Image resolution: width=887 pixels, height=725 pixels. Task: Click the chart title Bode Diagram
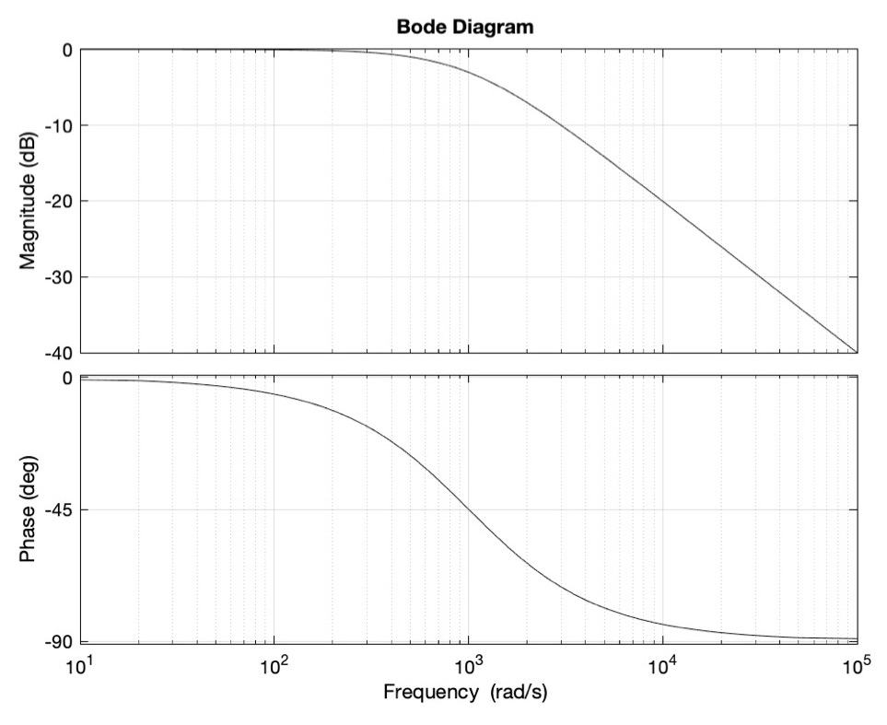coord(464,27)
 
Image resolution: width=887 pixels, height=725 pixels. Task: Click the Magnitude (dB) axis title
coord(29,200)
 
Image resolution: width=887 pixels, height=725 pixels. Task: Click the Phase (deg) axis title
coord(29,509)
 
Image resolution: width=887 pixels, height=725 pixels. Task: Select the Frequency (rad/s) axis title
coord(464,692)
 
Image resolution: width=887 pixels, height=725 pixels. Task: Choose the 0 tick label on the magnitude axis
coord(67,50)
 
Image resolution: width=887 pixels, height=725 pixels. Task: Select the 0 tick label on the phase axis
coord(67,378)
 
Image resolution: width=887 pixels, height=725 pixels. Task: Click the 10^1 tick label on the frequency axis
coord(81,664)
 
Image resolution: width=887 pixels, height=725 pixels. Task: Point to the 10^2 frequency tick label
coord(274,664)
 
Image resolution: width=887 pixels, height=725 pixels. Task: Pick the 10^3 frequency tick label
coord(469,664)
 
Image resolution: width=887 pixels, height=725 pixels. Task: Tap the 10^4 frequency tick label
coord(662,664)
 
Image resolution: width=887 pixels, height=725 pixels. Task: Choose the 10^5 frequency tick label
coord(857,664)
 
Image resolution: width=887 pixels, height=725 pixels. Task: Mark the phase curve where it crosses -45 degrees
coord(469,509)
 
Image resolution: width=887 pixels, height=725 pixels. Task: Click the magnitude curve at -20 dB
coord(662,201)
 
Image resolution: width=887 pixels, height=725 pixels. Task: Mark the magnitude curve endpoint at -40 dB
coord(856,351)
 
